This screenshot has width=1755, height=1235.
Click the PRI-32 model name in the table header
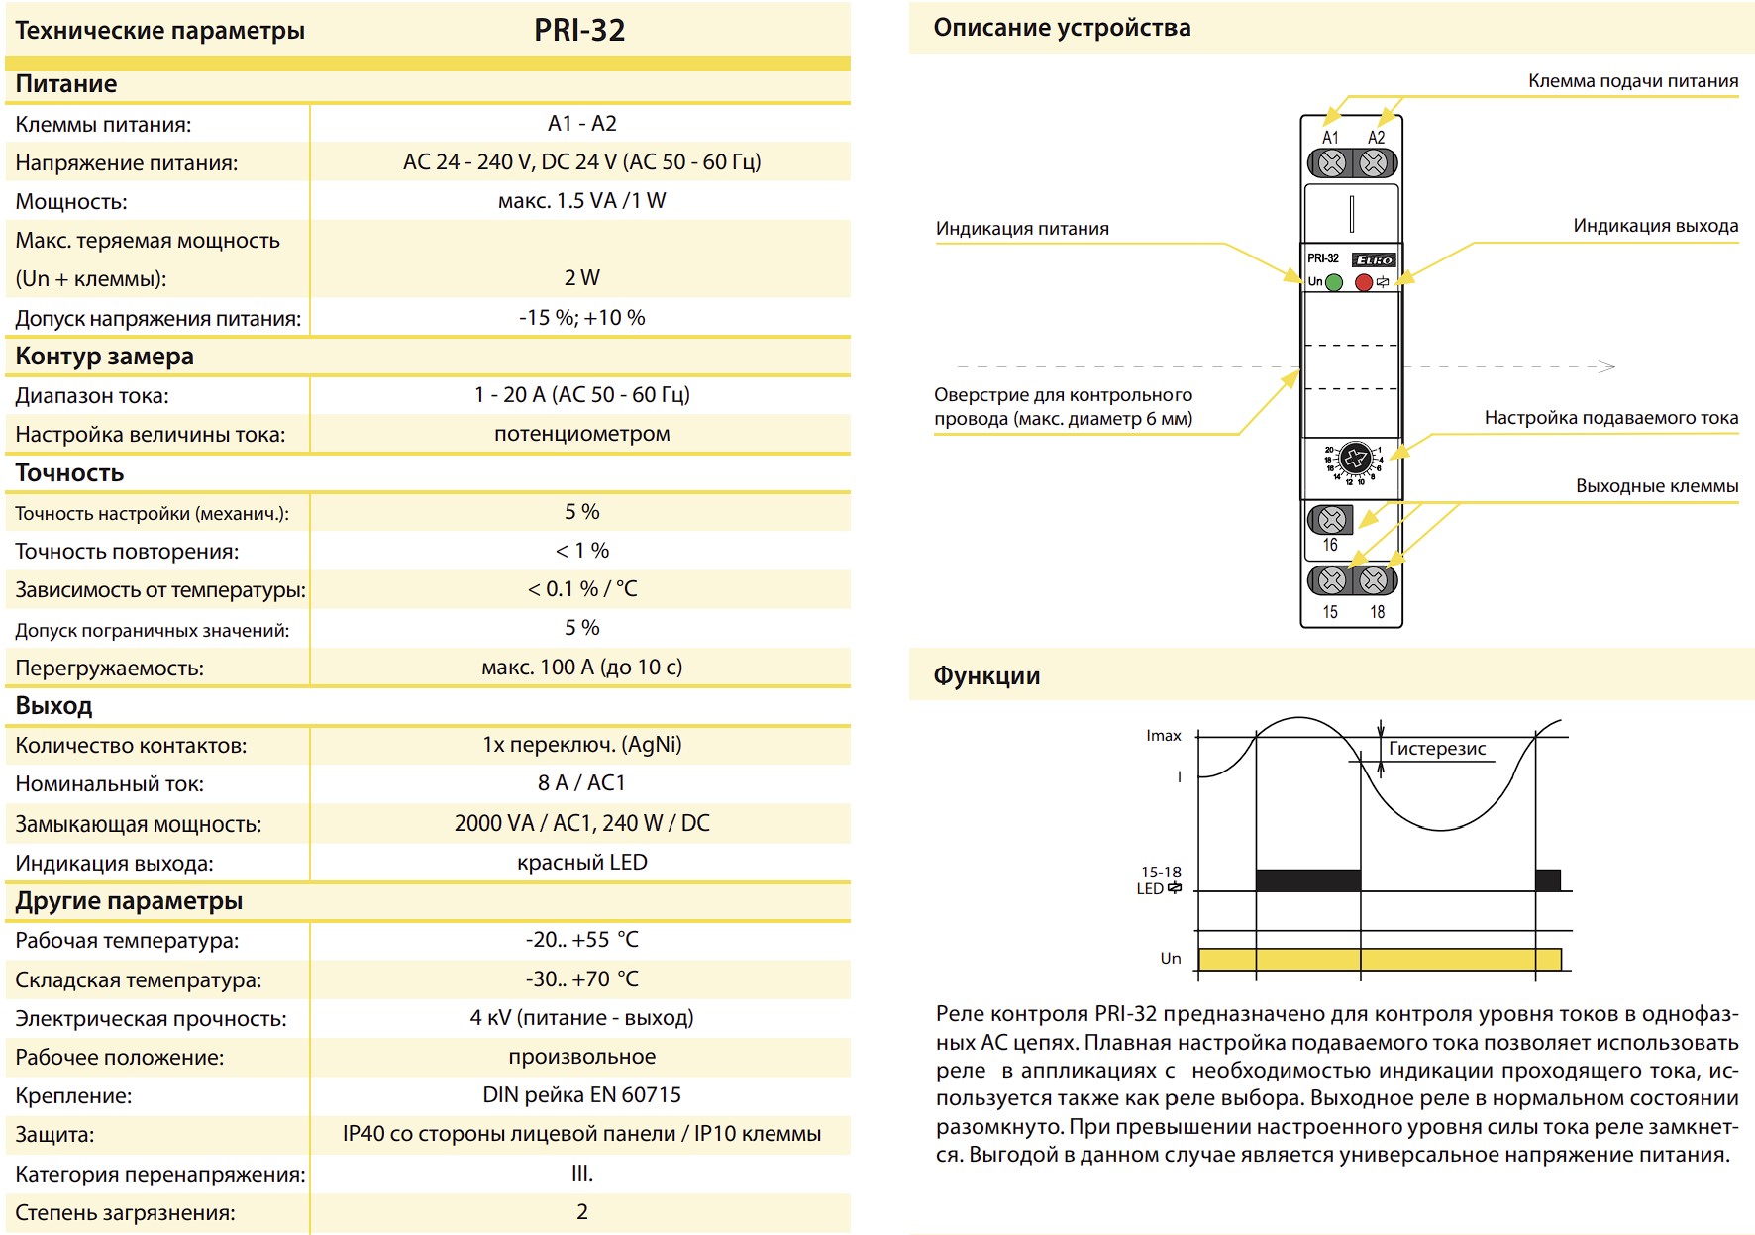(x=579, y=30)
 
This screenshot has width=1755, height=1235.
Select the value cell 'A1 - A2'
(x=582, y=123)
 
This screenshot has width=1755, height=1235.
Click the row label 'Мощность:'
(x=71, y=202)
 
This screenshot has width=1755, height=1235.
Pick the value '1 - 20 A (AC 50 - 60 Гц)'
(x=582, y=394)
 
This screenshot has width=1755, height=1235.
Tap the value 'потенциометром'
(x=582, y=434)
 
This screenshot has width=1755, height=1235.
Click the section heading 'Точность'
(x=69, y=472)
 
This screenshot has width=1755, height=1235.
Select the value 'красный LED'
(x=582, y=862)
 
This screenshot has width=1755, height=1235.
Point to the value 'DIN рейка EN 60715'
(x=582, y=1094)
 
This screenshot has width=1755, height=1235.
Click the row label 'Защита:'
(x=54, y=1135)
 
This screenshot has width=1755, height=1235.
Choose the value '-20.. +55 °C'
(x=582, y=939)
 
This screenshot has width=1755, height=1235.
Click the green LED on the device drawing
(x=1334, y=282)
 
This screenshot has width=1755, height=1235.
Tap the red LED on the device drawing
(x=1364, y=282)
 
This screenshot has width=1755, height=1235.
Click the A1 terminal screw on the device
(x=1332, y=162)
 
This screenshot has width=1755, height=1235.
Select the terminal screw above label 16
(x=1331, y=519)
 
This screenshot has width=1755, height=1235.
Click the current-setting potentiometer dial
(x=1355, y=459)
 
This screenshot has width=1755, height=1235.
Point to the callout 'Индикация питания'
(x=1022, y=229)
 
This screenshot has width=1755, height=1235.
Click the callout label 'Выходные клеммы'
(x=1657, y=486)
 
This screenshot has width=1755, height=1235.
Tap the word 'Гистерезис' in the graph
(x=1437, y=749)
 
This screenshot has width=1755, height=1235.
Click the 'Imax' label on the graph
(x=1164, y=735)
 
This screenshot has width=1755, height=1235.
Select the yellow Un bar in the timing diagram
(x=1380, y=959)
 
